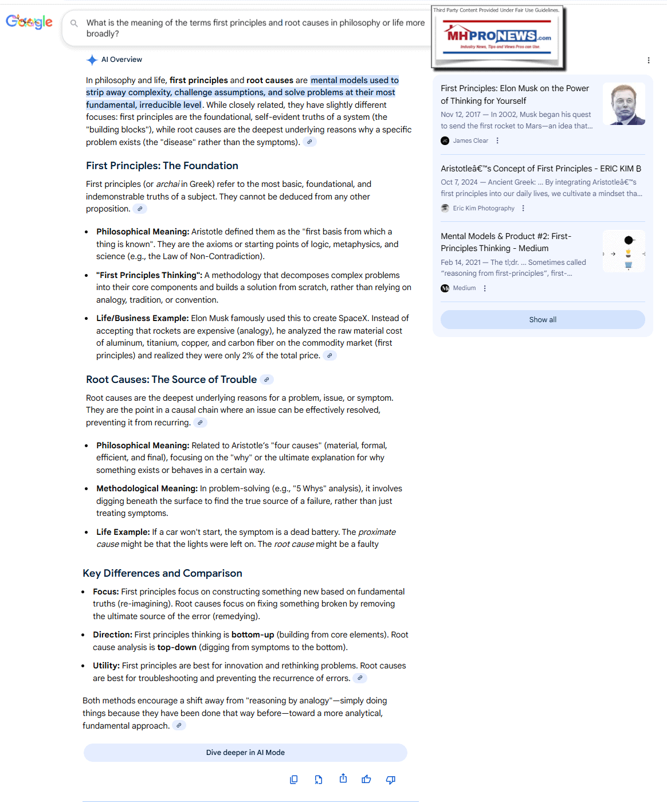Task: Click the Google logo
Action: tap(29, 22)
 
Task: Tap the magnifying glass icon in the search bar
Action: tap(74, 24)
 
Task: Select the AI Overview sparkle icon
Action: tap(92, 60)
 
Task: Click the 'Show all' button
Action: tap(542, 320)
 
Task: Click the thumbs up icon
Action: tap(366, 779)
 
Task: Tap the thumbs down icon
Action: tap(391, 779)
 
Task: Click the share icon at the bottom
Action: tap(343, 778)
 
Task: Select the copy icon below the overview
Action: tap(294, 779)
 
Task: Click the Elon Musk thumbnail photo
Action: tap(624, 104)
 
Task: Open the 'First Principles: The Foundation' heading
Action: tap(162, 166)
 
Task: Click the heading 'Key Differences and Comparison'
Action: tap(162, 573)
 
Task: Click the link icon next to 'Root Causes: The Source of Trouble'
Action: tap(266, 380)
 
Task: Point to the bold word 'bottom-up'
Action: tap(253, 635)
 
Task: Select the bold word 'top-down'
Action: tap(176, 647)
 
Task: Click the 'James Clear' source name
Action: tap(470, 140)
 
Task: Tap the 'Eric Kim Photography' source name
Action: tap(483, 208)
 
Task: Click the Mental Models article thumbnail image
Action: tap(624, 251)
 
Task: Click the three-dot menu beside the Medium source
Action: tap(485, 288)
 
